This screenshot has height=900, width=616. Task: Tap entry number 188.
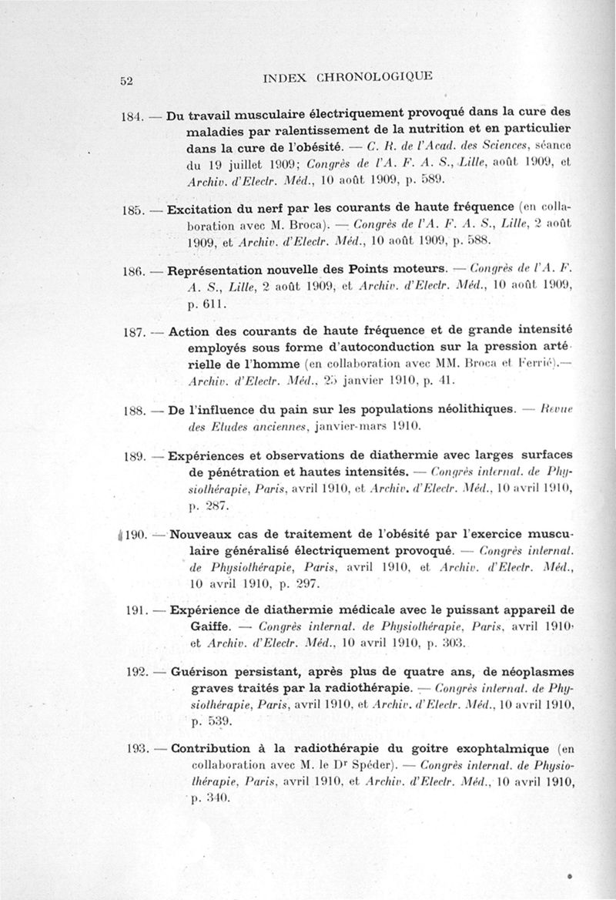coord(135,411)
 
